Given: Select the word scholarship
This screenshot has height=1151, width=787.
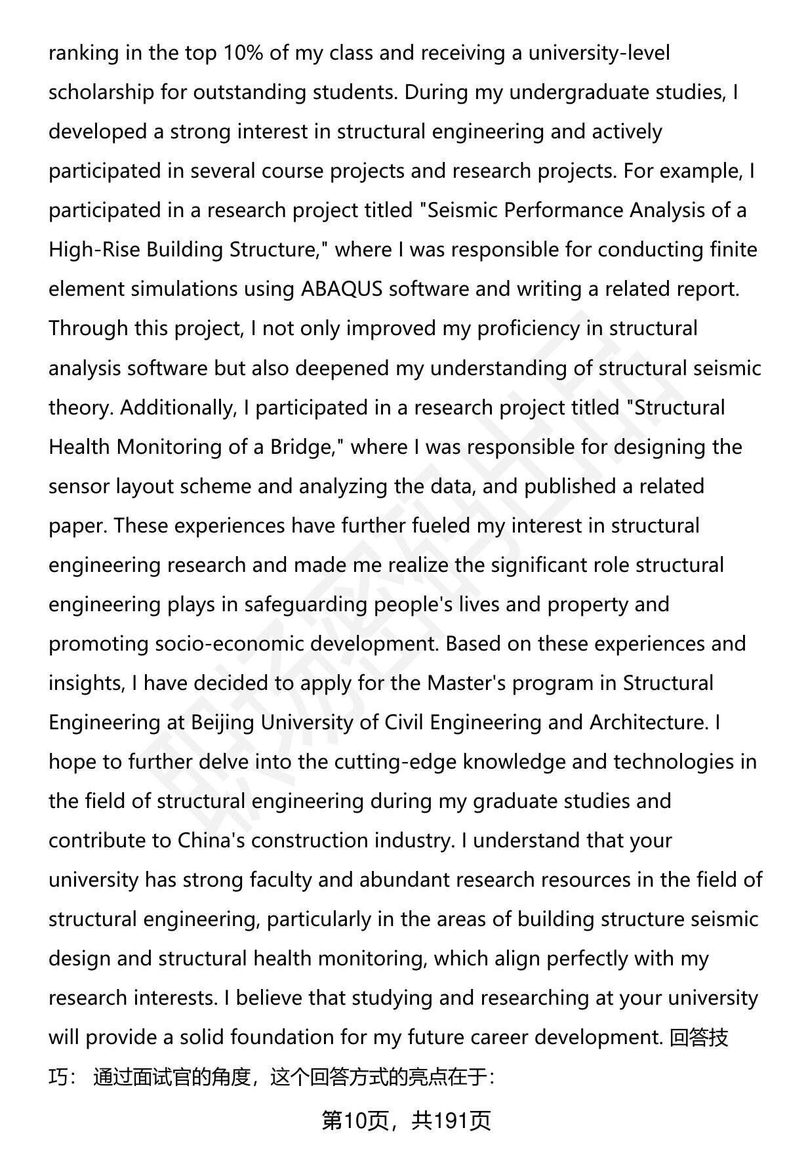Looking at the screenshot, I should point(102,92).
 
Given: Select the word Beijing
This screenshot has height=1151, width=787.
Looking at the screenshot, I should point(222,722).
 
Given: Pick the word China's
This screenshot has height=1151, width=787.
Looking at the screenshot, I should point(211,840).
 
